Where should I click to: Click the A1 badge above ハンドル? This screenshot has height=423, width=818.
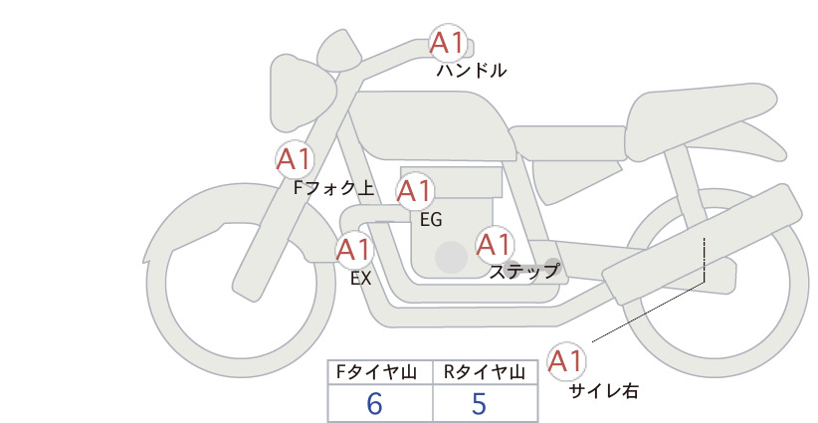pos(448,43)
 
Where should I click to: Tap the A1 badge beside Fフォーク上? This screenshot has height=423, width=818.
pos(295,159)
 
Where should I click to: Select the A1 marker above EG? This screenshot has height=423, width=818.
pos(415,191)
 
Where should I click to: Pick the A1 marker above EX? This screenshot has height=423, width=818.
pos(354,249)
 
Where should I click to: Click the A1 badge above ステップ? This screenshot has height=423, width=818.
pos(494,245)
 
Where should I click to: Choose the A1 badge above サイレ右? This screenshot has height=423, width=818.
pos(566,361)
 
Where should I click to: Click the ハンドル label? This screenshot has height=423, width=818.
pos(472,71)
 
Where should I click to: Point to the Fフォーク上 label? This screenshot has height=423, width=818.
pos(334,188)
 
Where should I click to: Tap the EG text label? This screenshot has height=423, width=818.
pos(431,220)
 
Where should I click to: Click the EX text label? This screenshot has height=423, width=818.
pos(361,279)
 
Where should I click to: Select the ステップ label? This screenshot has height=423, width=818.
pos(524,272)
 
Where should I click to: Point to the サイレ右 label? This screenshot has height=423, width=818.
pos(604,391)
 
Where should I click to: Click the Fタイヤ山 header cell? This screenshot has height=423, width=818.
pos(380,372)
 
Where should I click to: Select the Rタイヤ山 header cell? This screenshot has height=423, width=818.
pos(486,372)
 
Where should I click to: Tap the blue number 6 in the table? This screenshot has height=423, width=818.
pos(374,403)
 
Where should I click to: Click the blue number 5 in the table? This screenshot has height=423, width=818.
pos(479,403)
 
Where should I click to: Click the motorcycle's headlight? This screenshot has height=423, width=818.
pos(300,94)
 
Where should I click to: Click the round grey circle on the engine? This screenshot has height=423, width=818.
pos(451,257)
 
